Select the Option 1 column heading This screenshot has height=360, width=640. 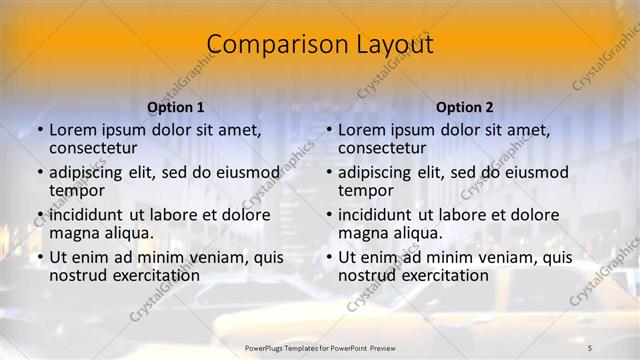click(x=176, y=107)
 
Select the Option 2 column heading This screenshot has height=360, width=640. click(x=465, y=107)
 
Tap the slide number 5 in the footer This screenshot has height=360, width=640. click(x=590, y=347)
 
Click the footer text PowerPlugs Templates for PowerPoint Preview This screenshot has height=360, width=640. click(x=320, y=347)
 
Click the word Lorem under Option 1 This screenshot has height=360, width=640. click(x=72, y=130)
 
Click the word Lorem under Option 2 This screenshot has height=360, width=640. click(x=361, y=130)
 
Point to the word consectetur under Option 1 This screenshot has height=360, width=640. click(x=93, y=148)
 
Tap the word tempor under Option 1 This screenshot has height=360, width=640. click(x=77, y=190)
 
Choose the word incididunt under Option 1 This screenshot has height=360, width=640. click(x=87, y=215)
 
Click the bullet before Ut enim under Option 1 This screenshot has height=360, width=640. click(x=39, y=258)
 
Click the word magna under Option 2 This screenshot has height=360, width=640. click(x=362, y=233)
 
